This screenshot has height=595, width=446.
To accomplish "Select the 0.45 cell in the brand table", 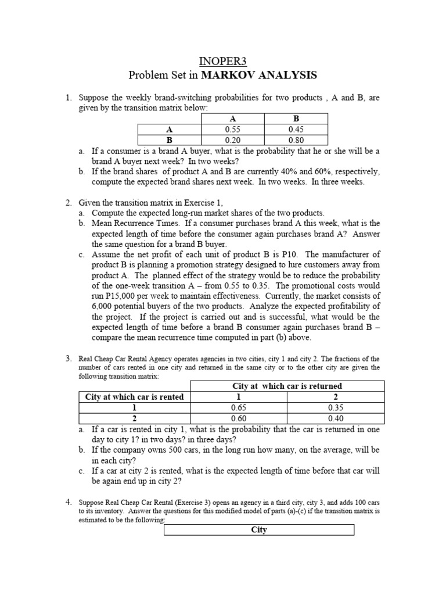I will (x=296, y=130).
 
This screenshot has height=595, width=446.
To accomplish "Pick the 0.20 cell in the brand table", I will (x=232, y=140).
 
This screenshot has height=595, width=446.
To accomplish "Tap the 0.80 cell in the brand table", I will (x=296, y=140).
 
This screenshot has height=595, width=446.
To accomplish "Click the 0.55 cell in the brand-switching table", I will (x=232, y=130).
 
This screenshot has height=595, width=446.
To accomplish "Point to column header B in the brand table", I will (x=296, y=119).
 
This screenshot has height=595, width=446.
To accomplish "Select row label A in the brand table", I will (x=170, y=130).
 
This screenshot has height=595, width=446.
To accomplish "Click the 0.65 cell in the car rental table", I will (x=239, y=407).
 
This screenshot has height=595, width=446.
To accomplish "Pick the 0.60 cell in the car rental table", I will (x=239, y=418).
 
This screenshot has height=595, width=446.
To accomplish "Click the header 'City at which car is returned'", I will (x=287, y=386).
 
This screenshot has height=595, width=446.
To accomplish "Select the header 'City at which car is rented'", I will (x=134, y=397).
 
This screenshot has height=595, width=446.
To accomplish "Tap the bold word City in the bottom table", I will (x=259, y=530).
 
